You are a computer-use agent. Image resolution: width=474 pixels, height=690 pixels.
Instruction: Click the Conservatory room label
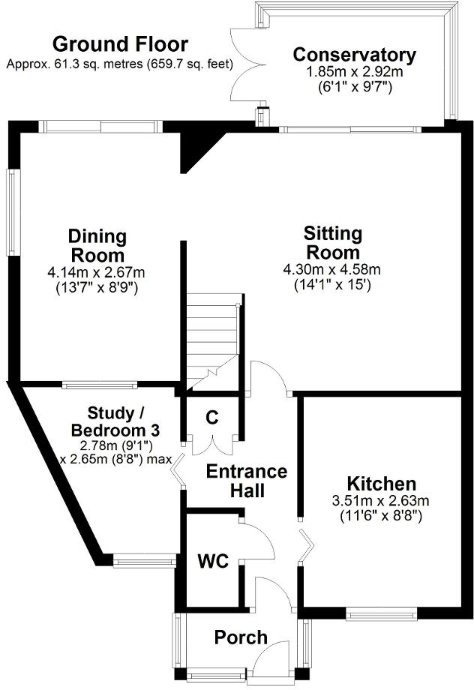pos(354,55)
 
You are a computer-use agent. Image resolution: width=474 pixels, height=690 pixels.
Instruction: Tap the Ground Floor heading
pos(120,44)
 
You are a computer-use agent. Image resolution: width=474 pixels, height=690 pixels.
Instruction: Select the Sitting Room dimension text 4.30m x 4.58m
pos(331,269)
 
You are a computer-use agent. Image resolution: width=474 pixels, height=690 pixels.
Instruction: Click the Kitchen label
pos(381,484)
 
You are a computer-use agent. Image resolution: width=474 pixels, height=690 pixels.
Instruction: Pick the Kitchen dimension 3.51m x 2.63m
pos(381,501)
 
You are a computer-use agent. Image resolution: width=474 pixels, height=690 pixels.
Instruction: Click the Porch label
pos(241,637)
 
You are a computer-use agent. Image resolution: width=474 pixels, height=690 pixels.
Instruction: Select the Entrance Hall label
pos(247,481)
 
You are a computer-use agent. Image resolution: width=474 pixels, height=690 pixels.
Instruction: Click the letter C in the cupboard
pos(212,418)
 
